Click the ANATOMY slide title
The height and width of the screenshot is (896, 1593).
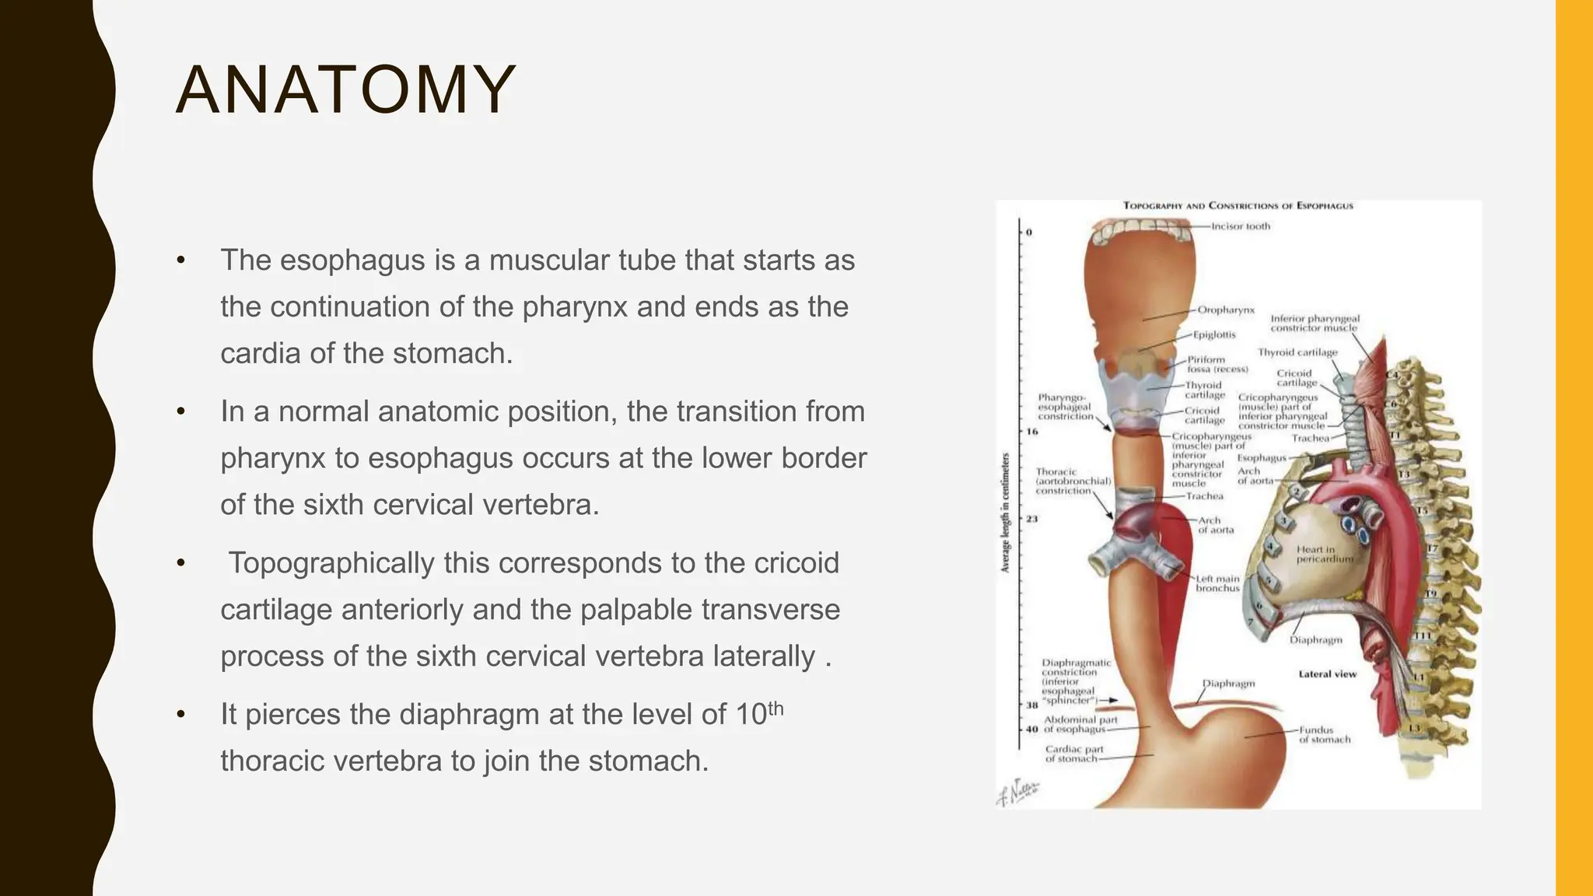tap(345, 90)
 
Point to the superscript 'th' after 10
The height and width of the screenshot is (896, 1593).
tap(775, 709)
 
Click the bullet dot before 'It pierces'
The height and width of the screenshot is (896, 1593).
tap(181, 714)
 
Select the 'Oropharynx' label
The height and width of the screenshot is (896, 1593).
tap(1226, 310)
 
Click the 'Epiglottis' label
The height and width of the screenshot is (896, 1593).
tap(1214, 334)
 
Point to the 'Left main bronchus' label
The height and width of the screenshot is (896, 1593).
tap(1217, 583)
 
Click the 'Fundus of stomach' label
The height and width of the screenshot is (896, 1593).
tap(1324, 734)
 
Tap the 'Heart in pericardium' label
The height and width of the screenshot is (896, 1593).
tap(1324, 554)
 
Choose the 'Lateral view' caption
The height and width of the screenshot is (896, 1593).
tap(1327, 674)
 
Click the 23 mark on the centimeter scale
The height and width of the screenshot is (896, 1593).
tap(1031, 519)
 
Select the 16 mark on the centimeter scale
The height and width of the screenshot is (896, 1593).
tap(1031, 431)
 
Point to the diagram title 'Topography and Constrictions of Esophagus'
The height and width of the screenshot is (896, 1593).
tap(1238, 206)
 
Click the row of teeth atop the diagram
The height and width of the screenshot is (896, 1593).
tap(1140, 229)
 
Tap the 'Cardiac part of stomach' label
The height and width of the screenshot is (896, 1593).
tap(1073, 754)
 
